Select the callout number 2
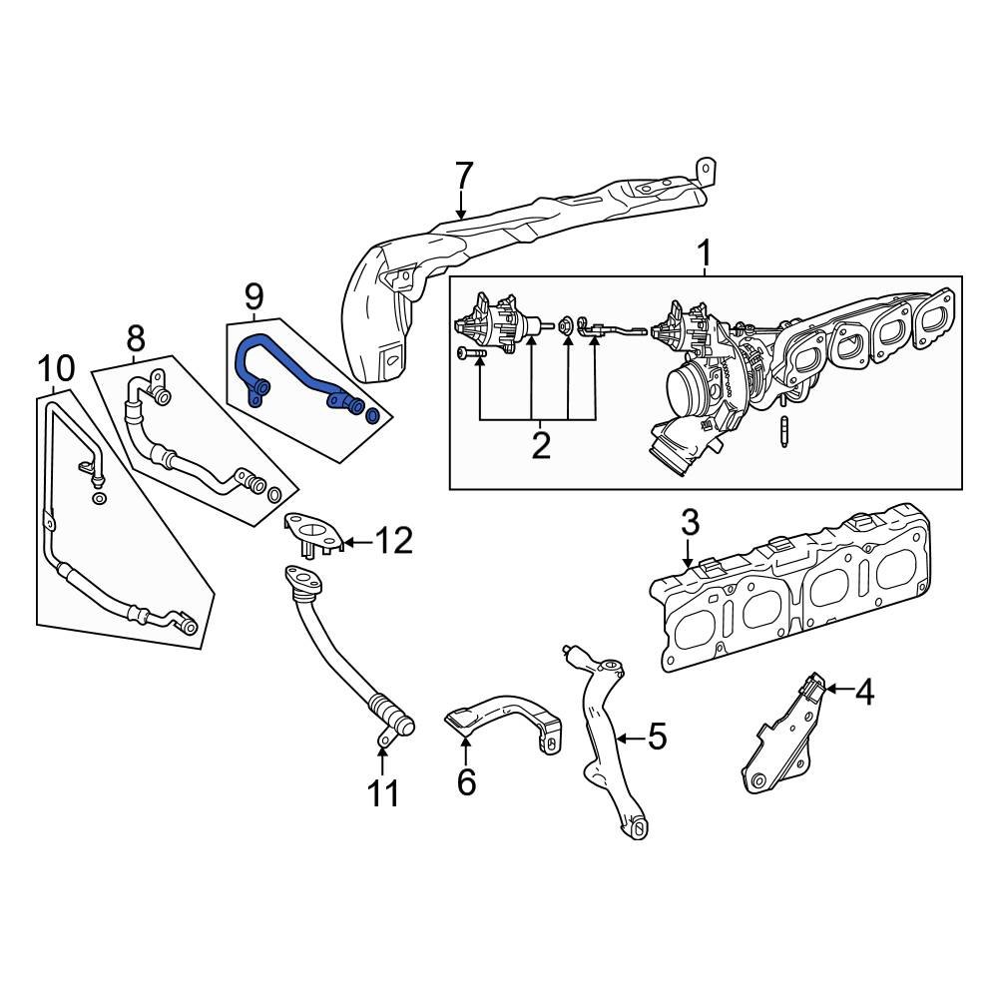540,446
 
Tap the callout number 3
691,523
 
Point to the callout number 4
864,691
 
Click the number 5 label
656,738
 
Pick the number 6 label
466,782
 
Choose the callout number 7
462,177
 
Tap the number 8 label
136,339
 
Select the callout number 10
57,369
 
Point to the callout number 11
383,793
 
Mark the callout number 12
392,542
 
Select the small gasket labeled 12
311,530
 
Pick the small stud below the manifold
785,435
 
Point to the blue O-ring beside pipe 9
373,414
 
